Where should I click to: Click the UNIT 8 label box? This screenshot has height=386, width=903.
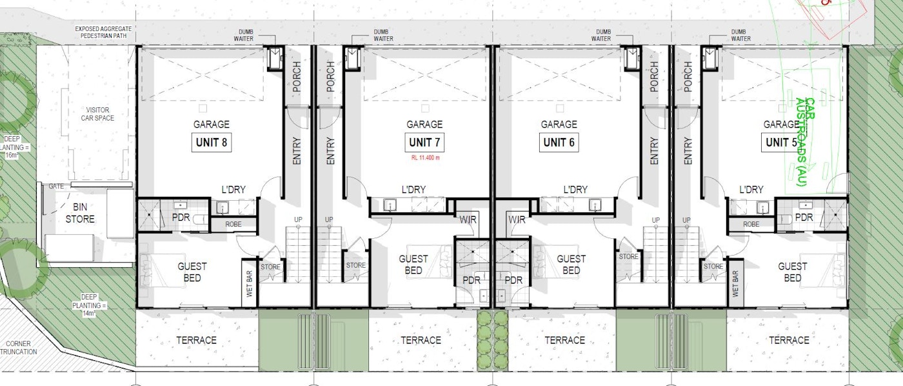point(211,142)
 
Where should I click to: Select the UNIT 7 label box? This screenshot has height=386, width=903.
point(424,142)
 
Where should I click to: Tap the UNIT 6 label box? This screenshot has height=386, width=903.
point(559,142)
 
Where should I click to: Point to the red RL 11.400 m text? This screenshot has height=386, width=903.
point(424,157)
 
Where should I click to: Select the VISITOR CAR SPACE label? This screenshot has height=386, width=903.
point(101,114)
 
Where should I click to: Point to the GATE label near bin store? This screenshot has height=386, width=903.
point(56,186)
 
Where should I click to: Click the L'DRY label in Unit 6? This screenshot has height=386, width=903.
point(575,190)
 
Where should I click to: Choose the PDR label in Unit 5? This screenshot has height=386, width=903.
point(804,218)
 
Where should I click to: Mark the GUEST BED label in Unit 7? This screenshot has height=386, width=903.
point(413,265)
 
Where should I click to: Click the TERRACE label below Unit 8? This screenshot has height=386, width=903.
point(197,340)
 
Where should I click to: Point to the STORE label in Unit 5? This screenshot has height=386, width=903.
point(713,266)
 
